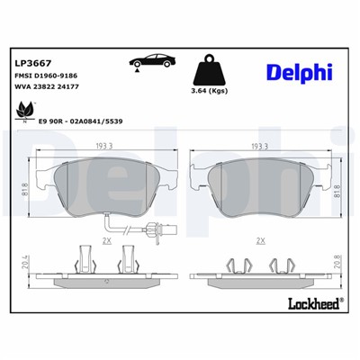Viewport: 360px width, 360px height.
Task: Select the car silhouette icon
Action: [149, 64]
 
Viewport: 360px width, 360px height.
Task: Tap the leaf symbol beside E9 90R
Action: [21, 112]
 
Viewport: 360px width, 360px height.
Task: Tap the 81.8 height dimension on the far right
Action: [336, 189]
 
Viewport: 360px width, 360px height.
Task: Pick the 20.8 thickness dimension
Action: [336, 262]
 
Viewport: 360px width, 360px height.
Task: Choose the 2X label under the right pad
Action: [261, 240]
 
